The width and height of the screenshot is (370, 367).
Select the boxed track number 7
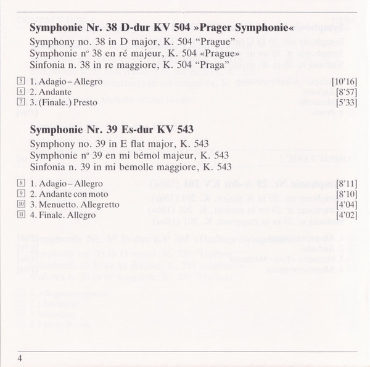click(x=21, y=102)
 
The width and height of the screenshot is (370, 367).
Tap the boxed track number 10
click(x=21, y=205)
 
